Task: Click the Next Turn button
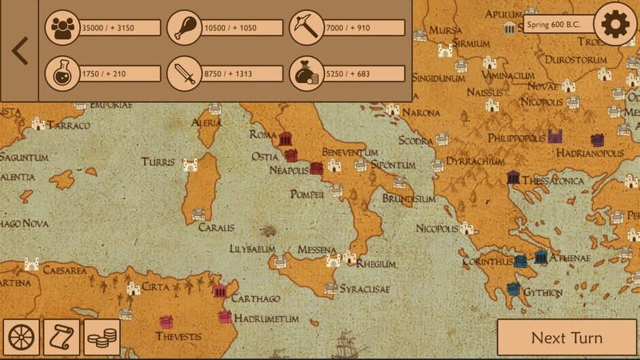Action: pos(566,338)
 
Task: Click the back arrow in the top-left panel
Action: pos(20,51)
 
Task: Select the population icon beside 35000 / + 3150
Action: pos(63,28)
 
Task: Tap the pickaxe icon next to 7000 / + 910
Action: pos(306,28)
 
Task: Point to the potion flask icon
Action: pos(63,73)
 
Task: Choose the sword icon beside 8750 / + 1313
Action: pos(185,73)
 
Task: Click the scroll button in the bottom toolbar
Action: pos(61,338)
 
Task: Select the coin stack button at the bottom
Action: pos(102,338)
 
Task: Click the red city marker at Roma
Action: pos(285,139)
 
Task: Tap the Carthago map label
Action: pos(255,299)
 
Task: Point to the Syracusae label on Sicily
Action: pos(364,289)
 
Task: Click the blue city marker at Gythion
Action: pos(514,289)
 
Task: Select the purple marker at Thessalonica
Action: pos(513,178)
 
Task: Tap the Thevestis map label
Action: pos(178,336)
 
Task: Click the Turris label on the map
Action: pos(158,162)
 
